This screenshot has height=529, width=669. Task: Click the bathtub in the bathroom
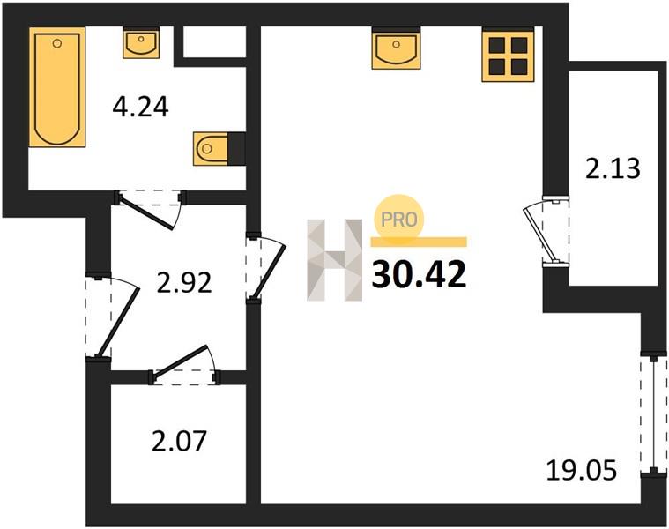[57, 87]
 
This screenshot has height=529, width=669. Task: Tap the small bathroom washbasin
[141, 42]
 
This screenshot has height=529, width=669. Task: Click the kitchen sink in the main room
[396, 48]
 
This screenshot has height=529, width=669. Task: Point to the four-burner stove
[508, 55]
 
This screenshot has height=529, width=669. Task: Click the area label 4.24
[141, 107]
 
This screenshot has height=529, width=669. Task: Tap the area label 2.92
[184, 282]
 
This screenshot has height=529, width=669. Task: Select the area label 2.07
[179, 441]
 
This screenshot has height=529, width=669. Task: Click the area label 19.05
[582, 471]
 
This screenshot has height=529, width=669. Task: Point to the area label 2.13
[613, 168]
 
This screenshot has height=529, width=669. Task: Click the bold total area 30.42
[419, 275]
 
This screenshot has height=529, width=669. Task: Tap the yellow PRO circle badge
[398, 219]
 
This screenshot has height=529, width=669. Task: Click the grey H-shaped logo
[335, 260]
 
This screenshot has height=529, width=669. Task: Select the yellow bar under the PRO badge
[419, 242]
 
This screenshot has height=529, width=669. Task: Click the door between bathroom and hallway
[151, 209]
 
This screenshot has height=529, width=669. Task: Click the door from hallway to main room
[264, 267]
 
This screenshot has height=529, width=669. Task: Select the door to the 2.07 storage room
[184, 366]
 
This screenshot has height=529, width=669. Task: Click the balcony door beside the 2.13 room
[546, 232]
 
